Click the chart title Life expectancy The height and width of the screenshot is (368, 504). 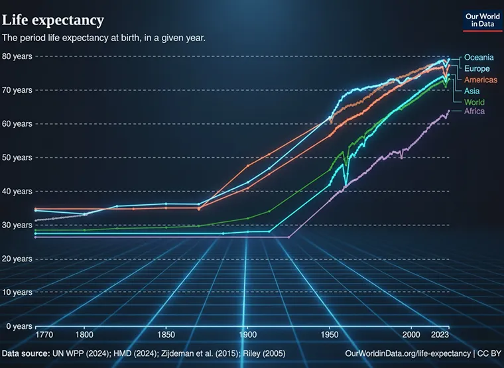coord(53,19)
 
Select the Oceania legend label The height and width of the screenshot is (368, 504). coord(478,57)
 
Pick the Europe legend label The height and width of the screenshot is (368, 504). coord(477,68)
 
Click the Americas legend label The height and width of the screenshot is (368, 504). coord(480,80)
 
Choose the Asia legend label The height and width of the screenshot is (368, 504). coord(472,91)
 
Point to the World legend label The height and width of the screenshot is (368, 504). coord(474,102)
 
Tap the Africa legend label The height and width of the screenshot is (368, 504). coord(474,111)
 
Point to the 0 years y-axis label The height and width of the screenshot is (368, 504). coord(18,326)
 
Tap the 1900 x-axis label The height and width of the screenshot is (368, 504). coord(247,336)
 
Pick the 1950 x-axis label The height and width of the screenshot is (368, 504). coord(329,336)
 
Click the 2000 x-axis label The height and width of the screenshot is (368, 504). coord(411,336)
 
